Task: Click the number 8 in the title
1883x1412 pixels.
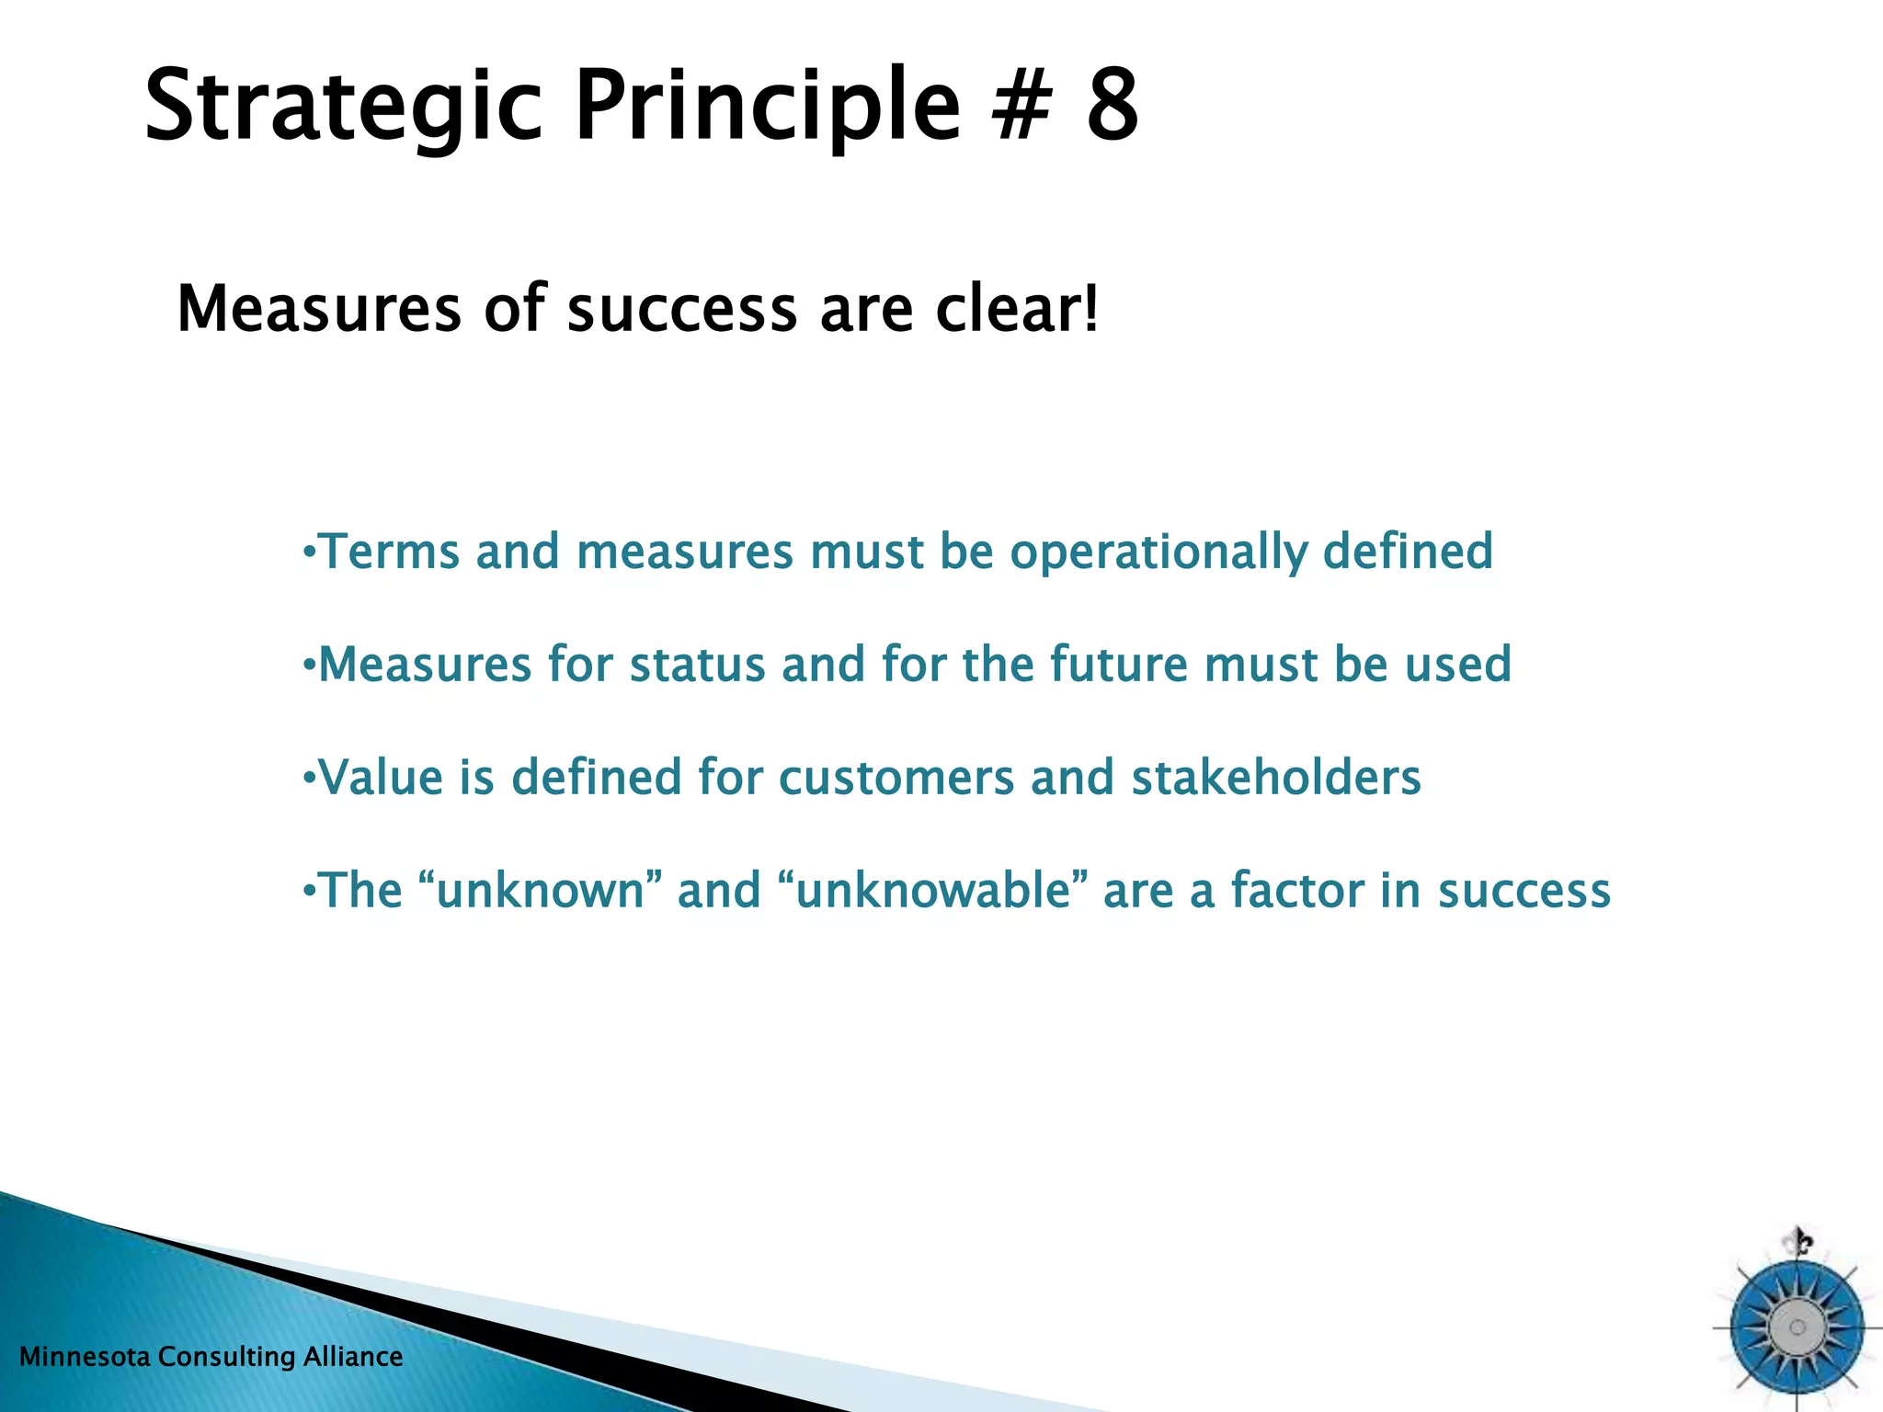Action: pyautogui.click(x=1112, y=107)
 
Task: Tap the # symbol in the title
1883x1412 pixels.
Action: pyautogui.click(x=1021, y=107)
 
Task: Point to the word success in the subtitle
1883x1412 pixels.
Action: pyautogui.click(x=681, y=311)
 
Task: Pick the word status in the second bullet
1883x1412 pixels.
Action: pyautogui.click(x=697, y=665)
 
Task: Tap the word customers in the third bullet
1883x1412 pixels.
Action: pyautogui.click(x=896, y=778)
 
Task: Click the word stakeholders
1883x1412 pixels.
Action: pyautogui.click(x=1276, y=778)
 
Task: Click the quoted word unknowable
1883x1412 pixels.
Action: pyautogui.click(x=934, y=890)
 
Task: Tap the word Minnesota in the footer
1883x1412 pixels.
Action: pyautogui.click(x=86, y=1357)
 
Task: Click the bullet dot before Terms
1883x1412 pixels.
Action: pyautogui.click(x=310, y=552)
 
